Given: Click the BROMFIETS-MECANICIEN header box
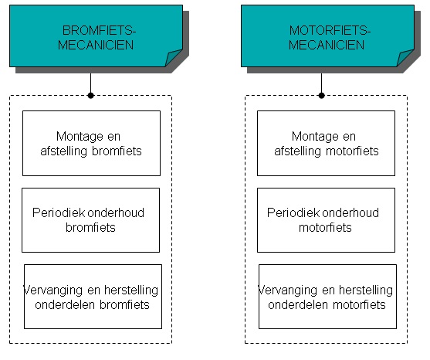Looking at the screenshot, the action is click(96, 36).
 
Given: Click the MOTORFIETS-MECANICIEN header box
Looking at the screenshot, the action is click(327, 36).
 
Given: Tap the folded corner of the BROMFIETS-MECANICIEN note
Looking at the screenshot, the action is click(173, 57).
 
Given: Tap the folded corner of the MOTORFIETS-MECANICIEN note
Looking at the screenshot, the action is click(405, 57).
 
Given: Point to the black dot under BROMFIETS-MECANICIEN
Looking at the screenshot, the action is click(91, 96).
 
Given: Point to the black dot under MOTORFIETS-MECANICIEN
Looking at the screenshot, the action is click(322, 96).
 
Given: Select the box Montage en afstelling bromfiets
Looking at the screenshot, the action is click(91, 143).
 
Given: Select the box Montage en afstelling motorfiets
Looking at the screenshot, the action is click(326, 143).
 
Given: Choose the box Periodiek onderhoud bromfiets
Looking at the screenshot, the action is click(91, 220).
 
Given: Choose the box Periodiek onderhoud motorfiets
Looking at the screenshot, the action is click(326, 220).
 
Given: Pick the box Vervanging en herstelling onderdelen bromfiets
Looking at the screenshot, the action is click(93, 297).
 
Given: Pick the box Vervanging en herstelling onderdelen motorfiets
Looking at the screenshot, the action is click(327, 297).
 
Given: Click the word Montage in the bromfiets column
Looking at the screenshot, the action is click(76, 137).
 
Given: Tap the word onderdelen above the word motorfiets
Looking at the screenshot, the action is click(298, 305).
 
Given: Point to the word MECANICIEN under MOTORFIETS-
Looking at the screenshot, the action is click(327, 45).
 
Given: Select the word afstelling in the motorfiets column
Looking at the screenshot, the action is click(297, 151).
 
